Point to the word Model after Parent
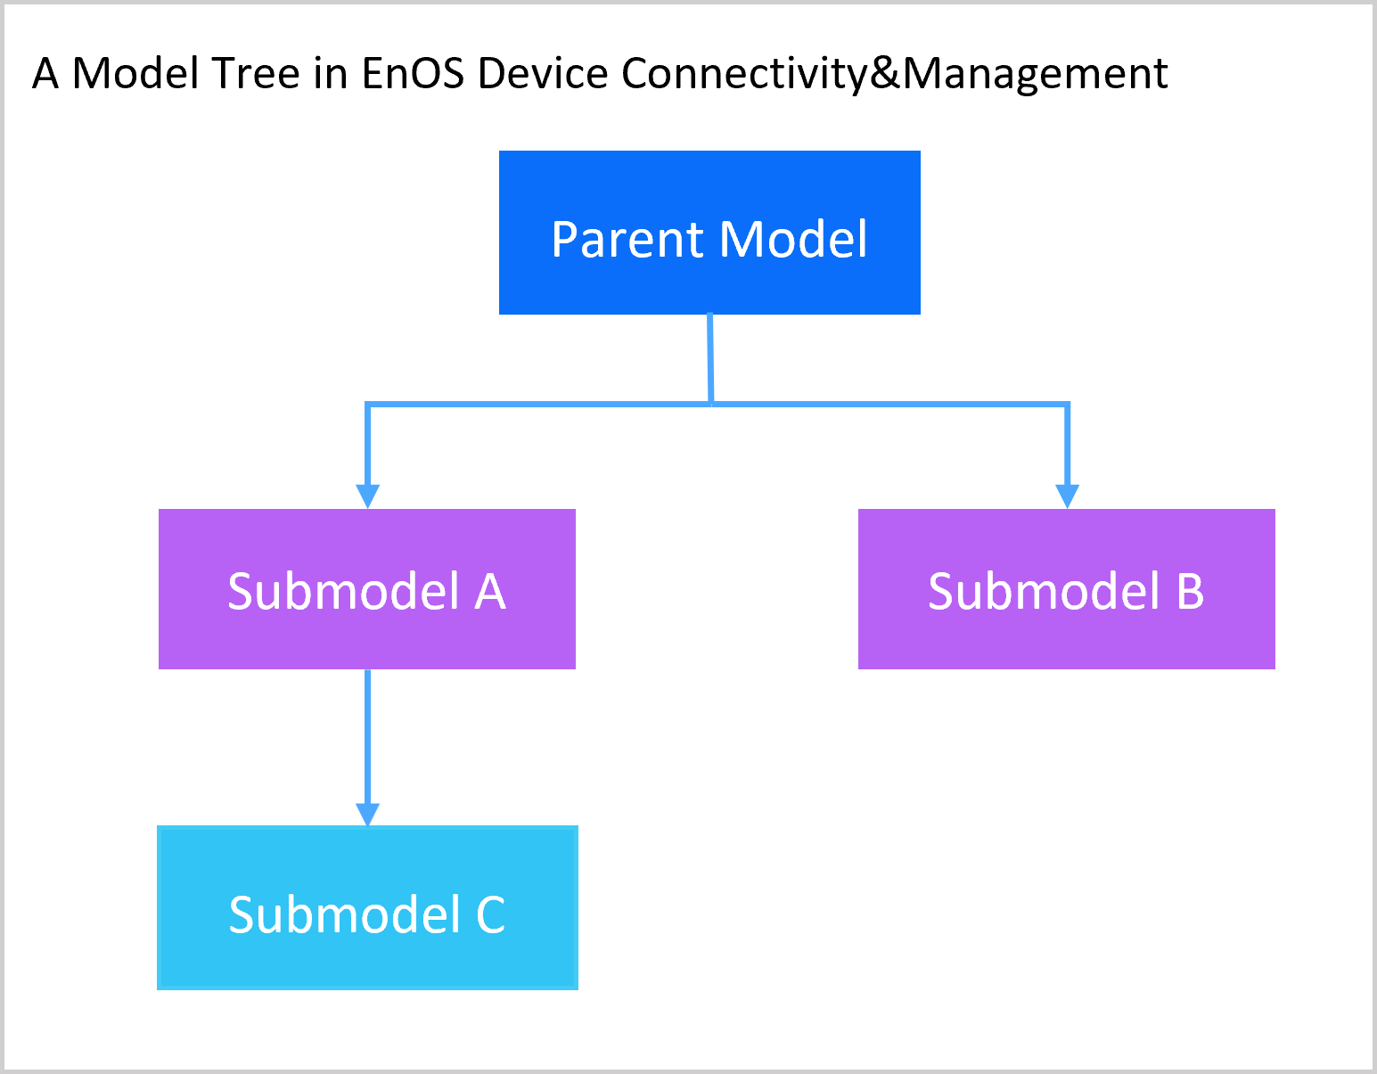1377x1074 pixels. coord(793,240)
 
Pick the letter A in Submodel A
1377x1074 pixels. coord(490,592)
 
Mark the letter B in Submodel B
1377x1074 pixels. coord(1190,592)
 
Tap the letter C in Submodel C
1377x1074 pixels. coord(490,915)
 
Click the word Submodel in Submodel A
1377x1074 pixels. coord(344,592)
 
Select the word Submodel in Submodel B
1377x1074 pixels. coord(1044,592)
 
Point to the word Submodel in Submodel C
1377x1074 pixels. coord(344,915)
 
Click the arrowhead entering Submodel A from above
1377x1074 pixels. coord(367,496)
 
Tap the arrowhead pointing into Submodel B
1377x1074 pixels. coord(1067,496)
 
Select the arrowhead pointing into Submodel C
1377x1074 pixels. coord(367,814)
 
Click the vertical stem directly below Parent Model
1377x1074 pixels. coord(710,357)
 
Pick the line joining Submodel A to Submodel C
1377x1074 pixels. coord(367,735)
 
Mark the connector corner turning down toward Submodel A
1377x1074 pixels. coord(368,406)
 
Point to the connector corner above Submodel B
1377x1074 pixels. coord(1067,406)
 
